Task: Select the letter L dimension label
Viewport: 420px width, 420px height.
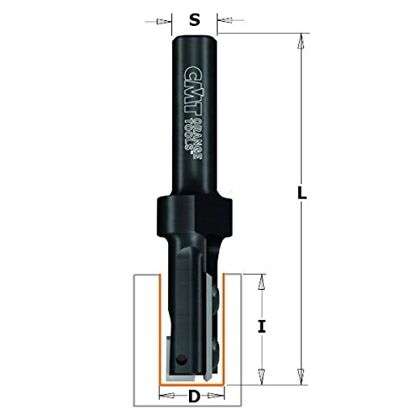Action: point(302,192)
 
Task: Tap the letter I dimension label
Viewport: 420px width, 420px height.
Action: point(262,324)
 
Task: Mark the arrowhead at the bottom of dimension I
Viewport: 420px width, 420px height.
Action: point(261,372)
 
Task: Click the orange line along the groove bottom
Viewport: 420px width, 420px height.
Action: point(193,382)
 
